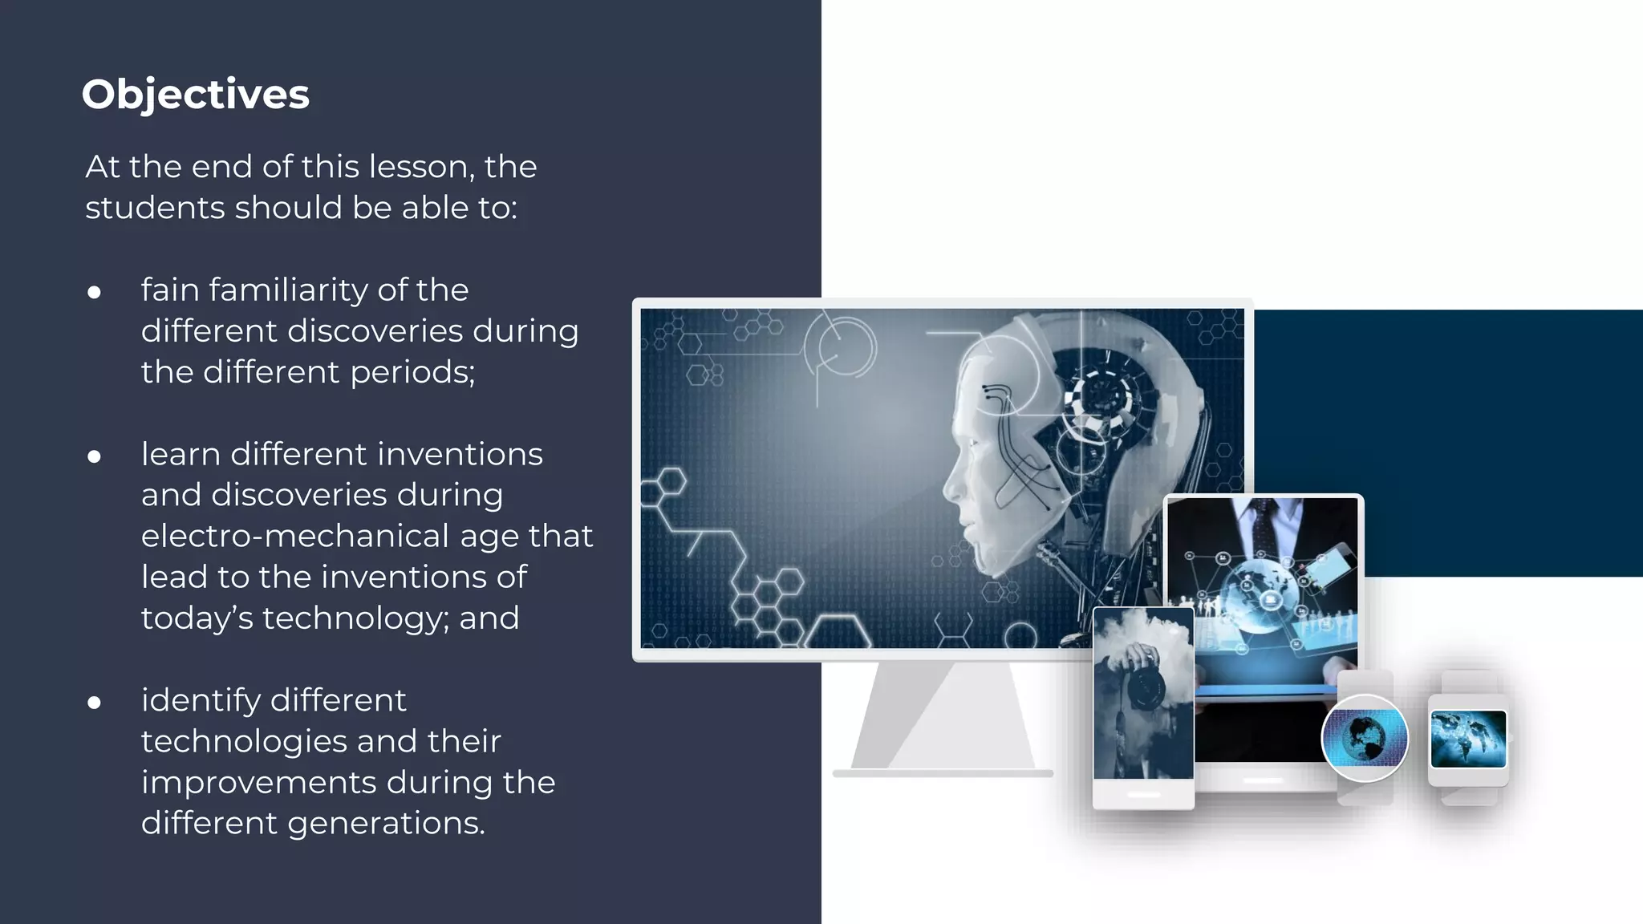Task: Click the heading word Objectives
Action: (x=195, y=95)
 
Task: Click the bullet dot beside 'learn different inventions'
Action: (x=95, y=456)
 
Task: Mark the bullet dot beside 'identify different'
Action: (x=95, y=703)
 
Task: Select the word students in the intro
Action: (x=155, y=208)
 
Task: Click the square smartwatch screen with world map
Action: (x=1468, y=739)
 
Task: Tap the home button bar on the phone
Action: (x=1143, y=795)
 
